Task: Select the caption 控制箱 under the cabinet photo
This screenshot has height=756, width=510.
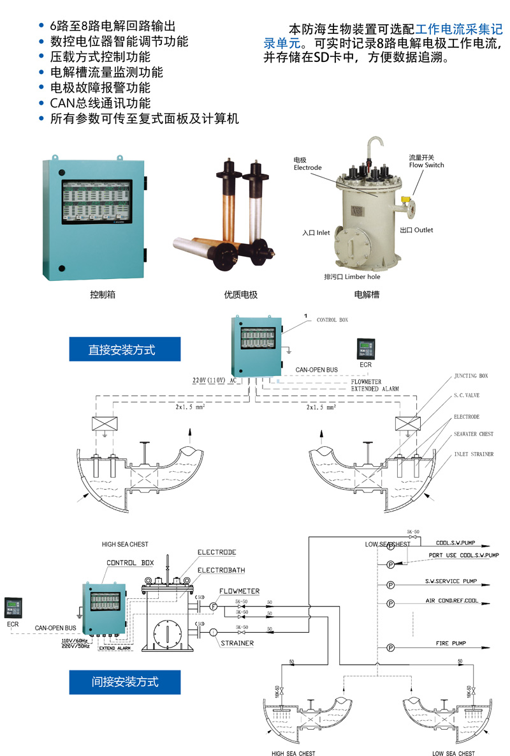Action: point(103,295)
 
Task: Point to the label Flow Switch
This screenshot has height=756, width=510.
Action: point(426,165)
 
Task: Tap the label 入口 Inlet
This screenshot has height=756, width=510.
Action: point(316,233)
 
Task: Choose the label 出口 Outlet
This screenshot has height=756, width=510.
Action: point(416,229)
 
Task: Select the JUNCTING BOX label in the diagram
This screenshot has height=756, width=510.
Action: point(470,376)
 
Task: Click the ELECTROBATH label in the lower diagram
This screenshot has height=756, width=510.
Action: point(221,570)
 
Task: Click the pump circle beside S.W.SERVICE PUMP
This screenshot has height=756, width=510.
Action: point(390,584)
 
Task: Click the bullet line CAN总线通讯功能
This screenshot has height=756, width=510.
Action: point(100,103)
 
